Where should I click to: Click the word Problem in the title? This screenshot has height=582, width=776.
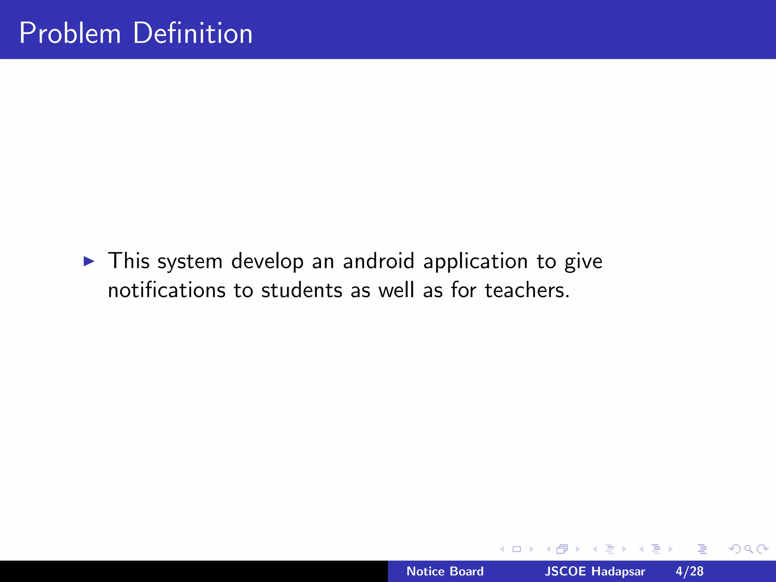[70, 33]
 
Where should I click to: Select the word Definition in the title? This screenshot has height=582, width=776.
[192, 33]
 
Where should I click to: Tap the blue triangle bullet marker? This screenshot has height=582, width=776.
[89, 261]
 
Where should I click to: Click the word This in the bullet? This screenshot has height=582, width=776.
[129, 261]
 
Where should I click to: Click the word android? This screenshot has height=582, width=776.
[379, 261]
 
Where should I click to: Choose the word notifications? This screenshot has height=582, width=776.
[167, 290]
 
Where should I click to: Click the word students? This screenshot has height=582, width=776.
[302, 290]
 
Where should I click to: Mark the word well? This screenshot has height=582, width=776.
[396, 290]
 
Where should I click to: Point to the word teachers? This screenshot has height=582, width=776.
[527, 290]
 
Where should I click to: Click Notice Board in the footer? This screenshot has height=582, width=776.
[445, 571]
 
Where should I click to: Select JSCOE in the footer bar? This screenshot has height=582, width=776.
[565, 571]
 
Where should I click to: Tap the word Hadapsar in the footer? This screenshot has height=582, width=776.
[618, 571]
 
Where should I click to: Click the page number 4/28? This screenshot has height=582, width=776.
[690, 571]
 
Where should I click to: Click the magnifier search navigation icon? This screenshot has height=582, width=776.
[748, 549]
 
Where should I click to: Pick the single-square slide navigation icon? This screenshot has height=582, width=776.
[517, 549]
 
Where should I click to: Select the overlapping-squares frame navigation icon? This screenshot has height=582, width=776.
[562, 549]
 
